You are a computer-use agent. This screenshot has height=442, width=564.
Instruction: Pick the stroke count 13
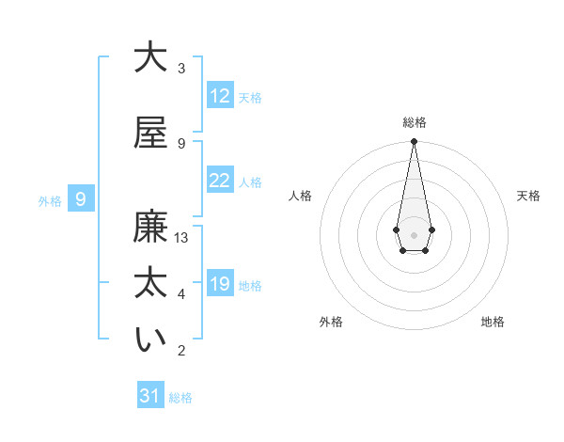point(181,238)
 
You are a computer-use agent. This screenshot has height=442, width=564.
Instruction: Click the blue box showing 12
point(220,96)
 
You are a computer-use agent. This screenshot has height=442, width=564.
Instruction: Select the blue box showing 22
point(220,181)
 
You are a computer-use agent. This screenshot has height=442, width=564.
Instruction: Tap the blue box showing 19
point(220,284)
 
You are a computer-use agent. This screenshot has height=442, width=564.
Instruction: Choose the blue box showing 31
point(150,396)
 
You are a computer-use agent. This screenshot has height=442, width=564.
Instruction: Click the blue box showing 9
point(81,199)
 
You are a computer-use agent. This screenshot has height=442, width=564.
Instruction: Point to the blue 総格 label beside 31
point(180,398)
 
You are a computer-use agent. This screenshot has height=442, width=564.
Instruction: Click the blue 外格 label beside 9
point(50,201)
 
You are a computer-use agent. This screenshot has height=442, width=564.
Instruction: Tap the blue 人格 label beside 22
point(250,182)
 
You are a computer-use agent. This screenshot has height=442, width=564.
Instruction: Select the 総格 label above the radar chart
point(414,122)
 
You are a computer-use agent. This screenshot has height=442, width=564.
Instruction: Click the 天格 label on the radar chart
point(528,196)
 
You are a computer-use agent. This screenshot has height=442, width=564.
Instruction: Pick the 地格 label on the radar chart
point(493,322)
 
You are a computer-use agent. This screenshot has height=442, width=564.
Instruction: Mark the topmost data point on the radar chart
point(414,142)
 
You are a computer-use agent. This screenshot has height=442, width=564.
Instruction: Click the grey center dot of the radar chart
point(414,234)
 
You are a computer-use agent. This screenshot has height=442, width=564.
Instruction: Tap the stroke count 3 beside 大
point(181,69)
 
